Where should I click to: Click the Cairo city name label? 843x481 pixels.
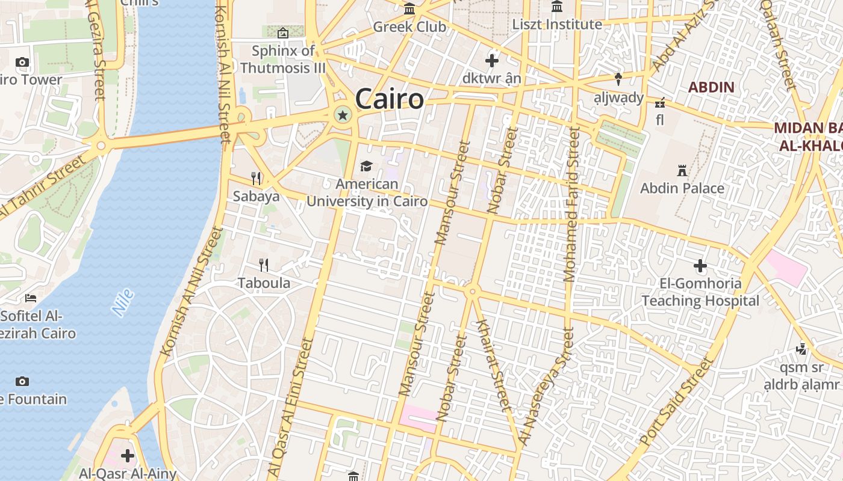(x=389, y=99)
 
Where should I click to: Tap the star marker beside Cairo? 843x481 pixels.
(x=342, y=114)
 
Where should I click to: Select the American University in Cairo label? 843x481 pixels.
(x=367, y=193)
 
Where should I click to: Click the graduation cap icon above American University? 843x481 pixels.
(x=366, y=166)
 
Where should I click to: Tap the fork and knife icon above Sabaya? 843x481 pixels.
(x=256, y=178)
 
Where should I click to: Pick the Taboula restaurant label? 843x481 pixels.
(x=264, y=283)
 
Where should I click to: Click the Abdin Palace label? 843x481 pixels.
(x=682, y=188)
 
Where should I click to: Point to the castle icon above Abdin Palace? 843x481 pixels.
(x=682, y=171)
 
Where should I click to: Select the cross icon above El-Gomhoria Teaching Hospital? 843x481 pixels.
(x=700, y=265)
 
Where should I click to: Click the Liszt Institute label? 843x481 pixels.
(x=557, y=25)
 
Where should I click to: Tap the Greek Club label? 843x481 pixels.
(x=409, y=27)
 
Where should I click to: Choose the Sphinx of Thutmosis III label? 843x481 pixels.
(x=283, y=60)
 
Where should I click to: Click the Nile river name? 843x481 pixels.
(x=123, y=302)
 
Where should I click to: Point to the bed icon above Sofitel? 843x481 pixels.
(x=31, y=298)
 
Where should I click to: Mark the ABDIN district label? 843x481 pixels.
(x=711, y=87)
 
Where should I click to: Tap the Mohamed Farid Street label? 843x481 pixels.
(x=570, y=204)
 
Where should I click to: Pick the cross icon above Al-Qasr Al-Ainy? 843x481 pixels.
(x=127, y=455)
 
